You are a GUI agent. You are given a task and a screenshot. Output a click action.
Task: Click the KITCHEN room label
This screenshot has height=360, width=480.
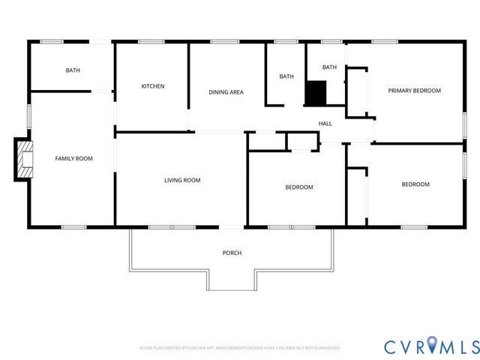tap(153, 86)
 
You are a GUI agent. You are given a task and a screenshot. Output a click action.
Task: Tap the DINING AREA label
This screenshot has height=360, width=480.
tap(226, 92)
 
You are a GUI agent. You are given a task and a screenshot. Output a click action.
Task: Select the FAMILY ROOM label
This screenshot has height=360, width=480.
tap(73, 158)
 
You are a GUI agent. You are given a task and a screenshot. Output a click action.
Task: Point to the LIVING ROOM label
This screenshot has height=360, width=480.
tap(182, 180)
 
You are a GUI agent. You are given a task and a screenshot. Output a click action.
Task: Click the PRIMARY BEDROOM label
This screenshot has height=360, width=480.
tap(414, 91)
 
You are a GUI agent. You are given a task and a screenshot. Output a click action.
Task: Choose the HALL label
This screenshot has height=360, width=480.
tap(325, 124)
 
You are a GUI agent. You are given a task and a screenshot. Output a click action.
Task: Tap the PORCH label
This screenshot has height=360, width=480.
tap(232, 253)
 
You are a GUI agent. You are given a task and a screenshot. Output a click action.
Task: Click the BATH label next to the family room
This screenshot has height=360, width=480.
tap(73, 70)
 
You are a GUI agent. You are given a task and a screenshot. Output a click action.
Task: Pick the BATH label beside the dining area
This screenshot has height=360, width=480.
tap(286, 76)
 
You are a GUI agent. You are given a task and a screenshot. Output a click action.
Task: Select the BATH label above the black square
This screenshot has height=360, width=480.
tap(329, 67)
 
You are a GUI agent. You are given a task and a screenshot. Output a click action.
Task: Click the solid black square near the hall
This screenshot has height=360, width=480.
tap(316, 93)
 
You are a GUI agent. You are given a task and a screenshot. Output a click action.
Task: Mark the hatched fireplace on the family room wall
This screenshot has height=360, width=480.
tap(24, 159)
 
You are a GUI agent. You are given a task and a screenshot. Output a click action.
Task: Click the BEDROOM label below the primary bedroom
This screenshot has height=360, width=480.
tap(415, 184)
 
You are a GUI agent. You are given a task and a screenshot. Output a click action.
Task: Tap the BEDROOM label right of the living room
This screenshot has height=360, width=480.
tap(298, 187)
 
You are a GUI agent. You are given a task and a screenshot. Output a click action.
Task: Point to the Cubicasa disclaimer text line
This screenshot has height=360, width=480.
tap(240, 348)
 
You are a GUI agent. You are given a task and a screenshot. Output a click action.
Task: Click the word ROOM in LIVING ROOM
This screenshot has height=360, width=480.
tap(192, 180)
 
